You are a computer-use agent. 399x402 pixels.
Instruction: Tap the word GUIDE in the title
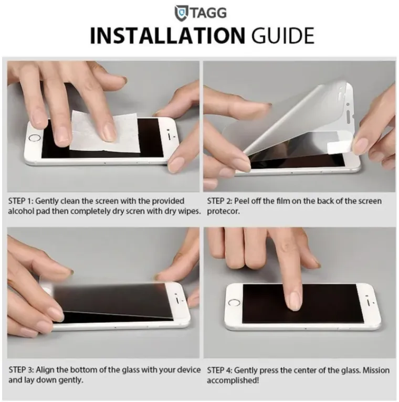point(282,36)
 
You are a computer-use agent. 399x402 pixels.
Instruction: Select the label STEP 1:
point(21,201)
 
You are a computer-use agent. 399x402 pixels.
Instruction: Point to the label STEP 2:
point(219,201)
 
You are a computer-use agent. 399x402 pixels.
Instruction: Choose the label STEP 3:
point(21,369)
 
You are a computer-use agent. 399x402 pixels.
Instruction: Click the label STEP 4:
point(219,370)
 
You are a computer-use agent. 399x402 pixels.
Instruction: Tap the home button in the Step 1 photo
point(35,137)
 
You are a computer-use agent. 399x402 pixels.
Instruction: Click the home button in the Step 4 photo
point(234,302)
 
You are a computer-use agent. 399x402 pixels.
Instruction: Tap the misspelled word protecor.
point(223,211)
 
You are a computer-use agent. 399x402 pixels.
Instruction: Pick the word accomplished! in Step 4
point(233,380)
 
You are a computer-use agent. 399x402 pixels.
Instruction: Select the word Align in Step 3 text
point(45,369)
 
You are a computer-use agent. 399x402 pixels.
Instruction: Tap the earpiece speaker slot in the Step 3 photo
point(177,300)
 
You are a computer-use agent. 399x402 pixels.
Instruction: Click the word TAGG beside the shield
point(208,13)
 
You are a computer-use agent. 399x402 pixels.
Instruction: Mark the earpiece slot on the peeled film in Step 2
point(348,115)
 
